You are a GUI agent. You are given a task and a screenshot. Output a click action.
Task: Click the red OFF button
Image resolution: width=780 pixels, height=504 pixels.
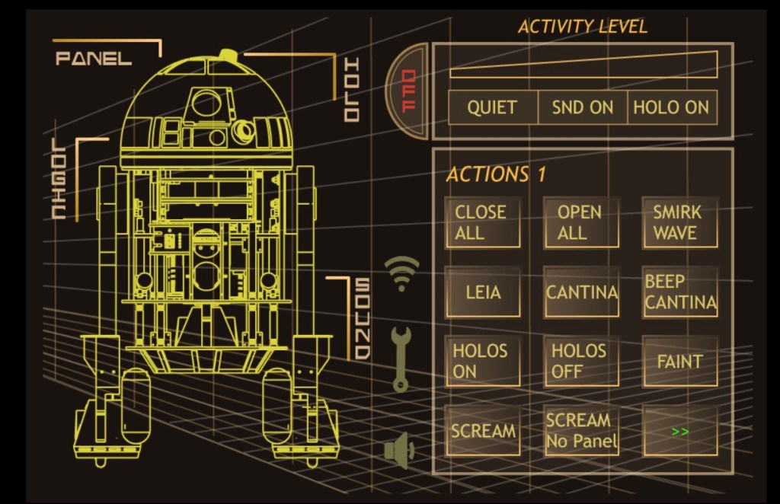click(x=408, y=91)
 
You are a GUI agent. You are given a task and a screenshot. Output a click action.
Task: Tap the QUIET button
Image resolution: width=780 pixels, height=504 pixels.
click(x=492, y=107)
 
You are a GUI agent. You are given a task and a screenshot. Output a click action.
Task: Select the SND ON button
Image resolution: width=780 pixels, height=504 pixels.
click(x=582, y=107)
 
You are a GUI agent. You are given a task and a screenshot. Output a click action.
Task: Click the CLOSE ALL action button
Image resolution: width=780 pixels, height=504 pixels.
click(x=483, y=222)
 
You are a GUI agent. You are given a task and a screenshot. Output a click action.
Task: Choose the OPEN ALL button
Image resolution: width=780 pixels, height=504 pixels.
click(x=580, y=222)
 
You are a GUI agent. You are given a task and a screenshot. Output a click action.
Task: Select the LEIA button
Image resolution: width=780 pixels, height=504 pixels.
click(x=483, y=292)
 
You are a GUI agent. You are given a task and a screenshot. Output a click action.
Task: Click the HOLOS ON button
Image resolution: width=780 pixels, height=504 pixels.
click(x=483, y=361)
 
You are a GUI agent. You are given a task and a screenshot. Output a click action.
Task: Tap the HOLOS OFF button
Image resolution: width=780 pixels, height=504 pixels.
click(x=580, y=361)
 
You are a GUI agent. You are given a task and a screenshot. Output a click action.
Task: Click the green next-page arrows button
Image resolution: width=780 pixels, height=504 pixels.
click(x=679, y=431)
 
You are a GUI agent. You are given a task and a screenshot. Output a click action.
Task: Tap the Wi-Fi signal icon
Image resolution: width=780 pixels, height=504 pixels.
click(x=401, y=273)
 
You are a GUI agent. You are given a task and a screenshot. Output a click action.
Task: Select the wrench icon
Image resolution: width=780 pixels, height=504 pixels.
click(x=401, y=358)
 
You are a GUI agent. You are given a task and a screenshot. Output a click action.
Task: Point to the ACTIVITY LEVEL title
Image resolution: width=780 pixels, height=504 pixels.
click(x=582, y=27)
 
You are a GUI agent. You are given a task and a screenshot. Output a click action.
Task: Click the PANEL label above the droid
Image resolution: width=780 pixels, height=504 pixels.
click(x=94, y=59)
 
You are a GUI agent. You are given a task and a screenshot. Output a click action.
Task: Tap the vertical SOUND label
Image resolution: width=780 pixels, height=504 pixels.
click(x=362, y=319)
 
